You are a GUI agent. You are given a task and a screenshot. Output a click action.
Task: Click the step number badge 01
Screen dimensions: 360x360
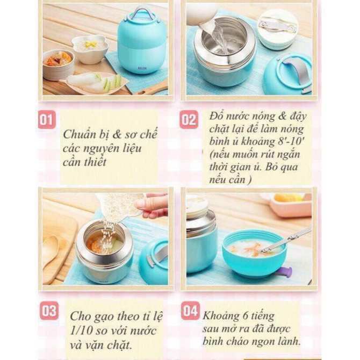coord(47,119)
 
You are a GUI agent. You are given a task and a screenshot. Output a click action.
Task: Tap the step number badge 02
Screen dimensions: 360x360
coord(188,119)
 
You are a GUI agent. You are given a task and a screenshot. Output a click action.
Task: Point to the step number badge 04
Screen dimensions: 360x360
coord(190,310)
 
